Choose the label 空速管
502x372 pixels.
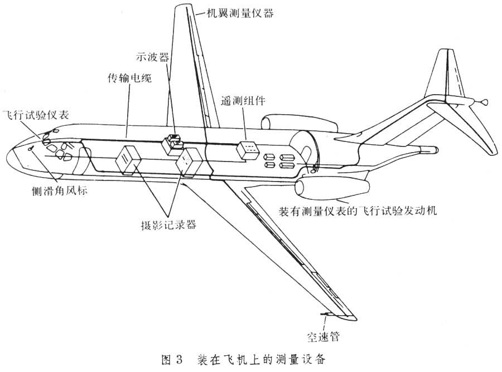coord(323,336)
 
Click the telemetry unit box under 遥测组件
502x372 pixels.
coord(247,149)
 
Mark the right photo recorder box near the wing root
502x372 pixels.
coord(189,161)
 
